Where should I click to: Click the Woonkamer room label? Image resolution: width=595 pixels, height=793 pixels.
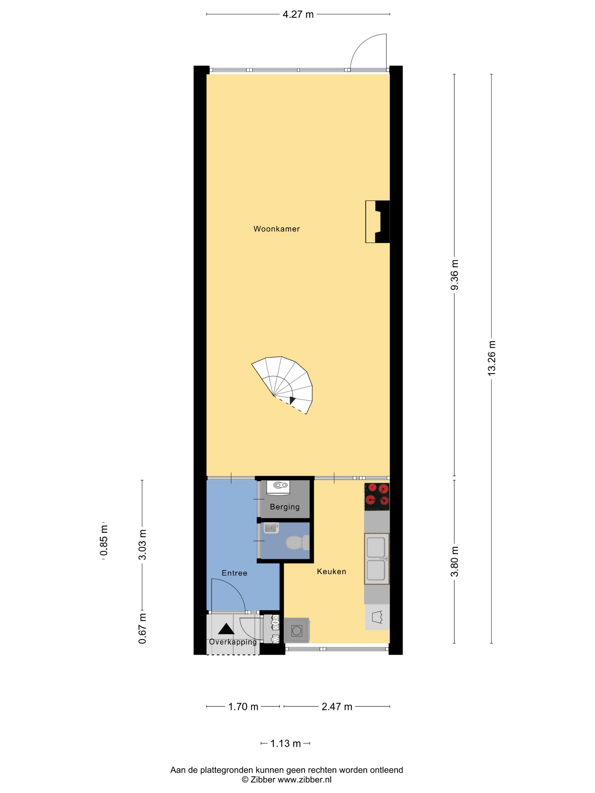[277, 229]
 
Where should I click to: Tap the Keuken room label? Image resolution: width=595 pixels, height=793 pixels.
[331, 572]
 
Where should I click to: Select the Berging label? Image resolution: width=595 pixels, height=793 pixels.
[285, 507]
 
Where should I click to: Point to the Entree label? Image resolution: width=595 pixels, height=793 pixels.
[235, 573]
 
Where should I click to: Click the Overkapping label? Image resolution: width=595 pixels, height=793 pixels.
[233, 642]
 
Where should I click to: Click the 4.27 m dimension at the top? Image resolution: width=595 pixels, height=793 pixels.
[298, 14]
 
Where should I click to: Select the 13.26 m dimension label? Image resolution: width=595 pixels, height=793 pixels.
[491, 358]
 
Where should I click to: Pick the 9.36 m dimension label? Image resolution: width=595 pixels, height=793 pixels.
[454, 275]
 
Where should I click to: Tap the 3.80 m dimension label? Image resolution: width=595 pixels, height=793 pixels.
[454, 561]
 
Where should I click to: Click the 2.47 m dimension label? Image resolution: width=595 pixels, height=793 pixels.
[337, 707]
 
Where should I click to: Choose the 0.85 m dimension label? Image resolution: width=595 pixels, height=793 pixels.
[104, 541]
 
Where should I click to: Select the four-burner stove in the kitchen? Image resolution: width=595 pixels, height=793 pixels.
[377, 496]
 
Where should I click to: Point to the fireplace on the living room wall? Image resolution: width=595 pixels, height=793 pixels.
[378, 221]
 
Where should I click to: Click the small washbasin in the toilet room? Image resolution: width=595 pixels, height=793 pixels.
[271, 528]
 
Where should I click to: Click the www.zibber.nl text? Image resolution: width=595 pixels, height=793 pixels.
[305, 779]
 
